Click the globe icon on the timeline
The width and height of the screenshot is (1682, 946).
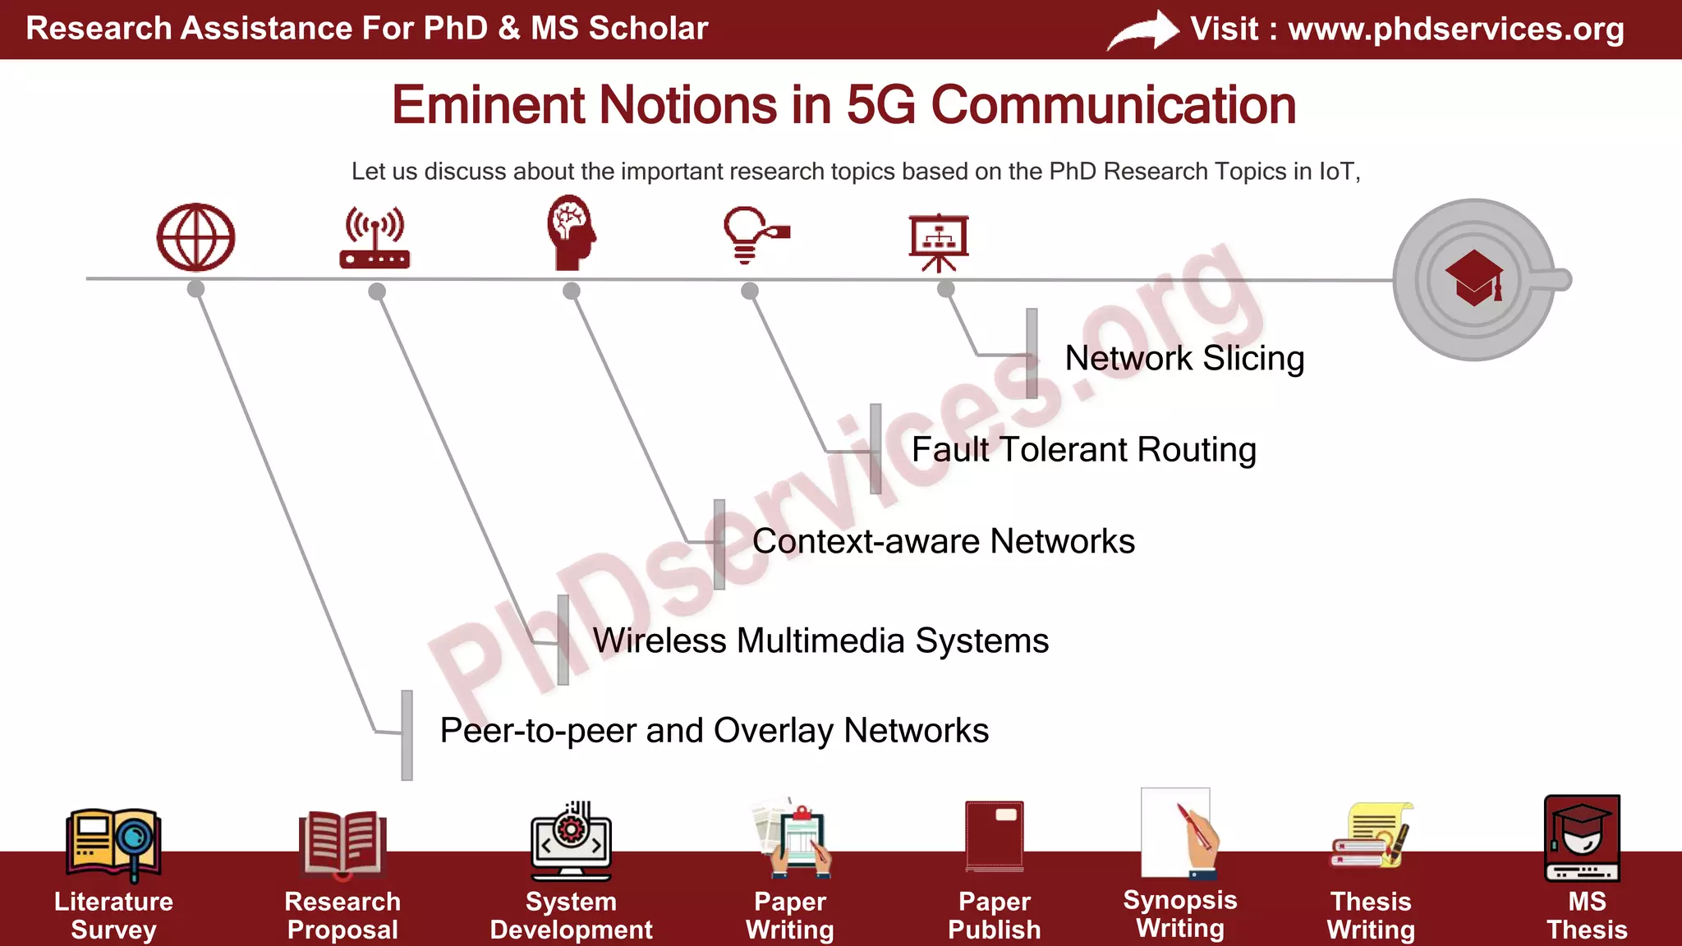195,237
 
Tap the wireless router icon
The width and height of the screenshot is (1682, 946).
375,238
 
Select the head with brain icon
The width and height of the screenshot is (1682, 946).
571,232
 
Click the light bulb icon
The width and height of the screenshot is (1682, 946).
754,235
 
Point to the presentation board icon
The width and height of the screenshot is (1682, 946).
939,241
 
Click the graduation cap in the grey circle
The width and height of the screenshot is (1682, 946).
1474,278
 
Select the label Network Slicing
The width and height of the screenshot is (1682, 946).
1184,358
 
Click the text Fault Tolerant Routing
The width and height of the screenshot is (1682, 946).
1083,450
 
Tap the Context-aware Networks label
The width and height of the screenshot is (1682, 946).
943,542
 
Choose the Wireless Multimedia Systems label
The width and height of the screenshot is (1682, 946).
820,641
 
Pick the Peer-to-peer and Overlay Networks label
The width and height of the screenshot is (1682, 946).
714,731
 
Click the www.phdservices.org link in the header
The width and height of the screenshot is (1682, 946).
1455,30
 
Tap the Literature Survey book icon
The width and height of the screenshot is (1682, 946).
113,843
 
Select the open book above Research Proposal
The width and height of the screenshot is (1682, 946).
342,842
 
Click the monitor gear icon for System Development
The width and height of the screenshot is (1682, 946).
571,840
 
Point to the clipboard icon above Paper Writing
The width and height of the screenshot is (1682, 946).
793,838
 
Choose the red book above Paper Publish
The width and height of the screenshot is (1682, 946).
995,835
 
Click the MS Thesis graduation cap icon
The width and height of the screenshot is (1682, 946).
1582,838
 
